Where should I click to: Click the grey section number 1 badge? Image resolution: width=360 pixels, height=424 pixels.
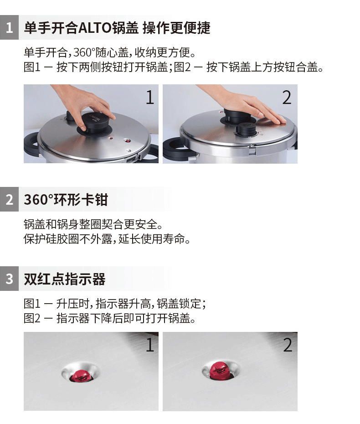[x=9, y=27]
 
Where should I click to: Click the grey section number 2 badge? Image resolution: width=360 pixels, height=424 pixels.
[x=9, y=199]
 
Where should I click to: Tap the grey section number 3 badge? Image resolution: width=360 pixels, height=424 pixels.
[x=9, y=279]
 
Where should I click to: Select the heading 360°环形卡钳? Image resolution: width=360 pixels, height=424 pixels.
[x=66, y=200]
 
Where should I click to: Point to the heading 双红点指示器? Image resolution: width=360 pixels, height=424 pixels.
[x=65, y=279]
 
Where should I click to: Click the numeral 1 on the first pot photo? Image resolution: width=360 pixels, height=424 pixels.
[x=150, y=98]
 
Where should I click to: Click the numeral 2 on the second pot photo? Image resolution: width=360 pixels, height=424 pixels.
[x=287, y=98]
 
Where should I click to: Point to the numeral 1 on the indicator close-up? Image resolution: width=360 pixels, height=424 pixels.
[x=150, y=345]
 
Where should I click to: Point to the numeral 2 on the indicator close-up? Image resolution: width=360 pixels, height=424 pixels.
[x=288, y=345]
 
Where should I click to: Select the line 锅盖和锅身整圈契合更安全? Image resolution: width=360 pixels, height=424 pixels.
[x=93, y=224]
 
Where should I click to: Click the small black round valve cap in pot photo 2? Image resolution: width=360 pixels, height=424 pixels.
[x=246, y=129]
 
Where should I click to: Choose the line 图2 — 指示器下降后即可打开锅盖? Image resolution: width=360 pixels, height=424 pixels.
[x=110, y=318]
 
